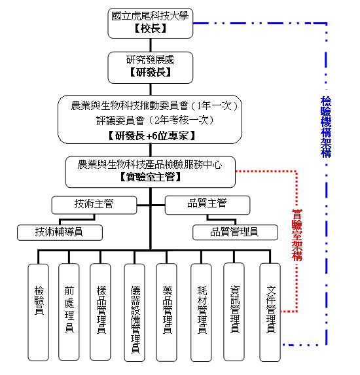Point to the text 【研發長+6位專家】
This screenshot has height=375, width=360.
(151, 135)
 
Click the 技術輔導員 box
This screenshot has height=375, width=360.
(60, 231)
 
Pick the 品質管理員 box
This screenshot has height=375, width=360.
(234, 231)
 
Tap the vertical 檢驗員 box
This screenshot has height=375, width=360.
(39, 310)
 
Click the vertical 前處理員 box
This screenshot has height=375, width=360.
(69, 310)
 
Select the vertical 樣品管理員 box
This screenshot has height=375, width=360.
(101, 310)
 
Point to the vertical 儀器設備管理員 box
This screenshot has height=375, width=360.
(135, 310)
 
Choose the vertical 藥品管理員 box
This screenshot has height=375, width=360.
(167, 310)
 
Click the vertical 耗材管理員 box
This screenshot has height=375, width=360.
(202, 310)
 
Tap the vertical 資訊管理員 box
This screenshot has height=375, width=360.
(235, 310)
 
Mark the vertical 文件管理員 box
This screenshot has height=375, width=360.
(270, 310)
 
